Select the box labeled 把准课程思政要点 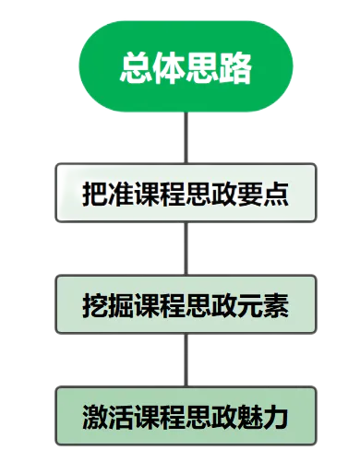(186, 194)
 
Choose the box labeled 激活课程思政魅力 (186, 416)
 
